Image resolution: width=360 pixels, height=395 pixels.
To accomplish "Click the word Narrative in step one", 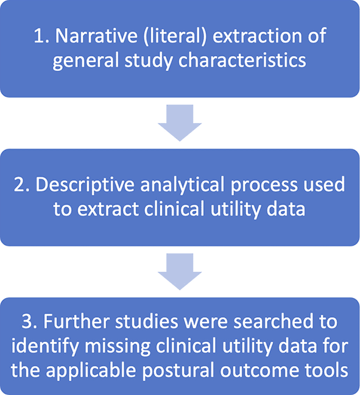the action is tap(96, 35).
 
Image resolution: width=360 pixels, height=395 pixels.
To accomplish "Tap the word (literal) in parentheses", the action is tap(175, 36).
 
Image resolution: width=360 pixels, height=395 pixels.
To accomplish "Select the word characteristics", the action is tap(242, 60).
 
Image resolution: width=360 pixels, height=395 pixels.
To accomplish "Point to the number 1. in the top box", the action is tap(42, 35).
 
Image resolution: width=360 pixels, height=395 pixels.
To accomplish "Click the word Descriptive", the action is tap(85, 185).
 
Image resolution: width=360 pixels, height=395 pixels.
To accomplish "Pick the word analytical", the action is tap(182, 185).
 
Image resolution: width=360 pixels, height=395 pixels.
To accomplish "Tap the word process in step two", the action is tap(264, 187).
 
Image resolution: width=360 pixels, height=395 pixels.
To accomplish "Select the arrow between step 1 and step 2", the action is tap(180, 123).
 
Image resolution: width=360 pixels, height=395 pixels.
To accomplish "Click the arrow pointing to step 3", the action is tap(180, 272).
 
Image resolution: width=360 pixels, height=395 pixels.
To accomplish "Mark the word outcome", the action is tap(259, 371).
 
